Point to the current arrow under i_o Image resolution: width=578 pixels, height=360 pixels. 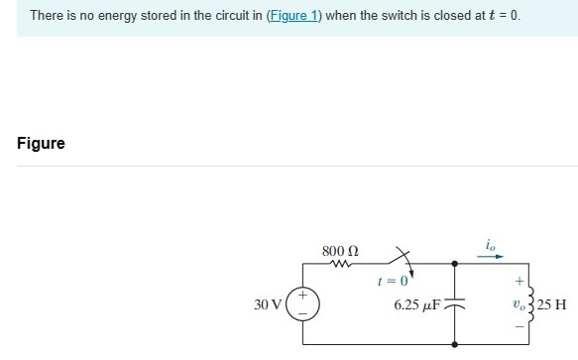[x=493, y=255]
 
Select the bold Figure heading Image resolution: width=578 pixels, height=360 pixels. [x=41, y=144]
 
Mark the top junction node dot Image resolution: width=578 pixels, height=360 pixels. [x=454, y=265]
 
